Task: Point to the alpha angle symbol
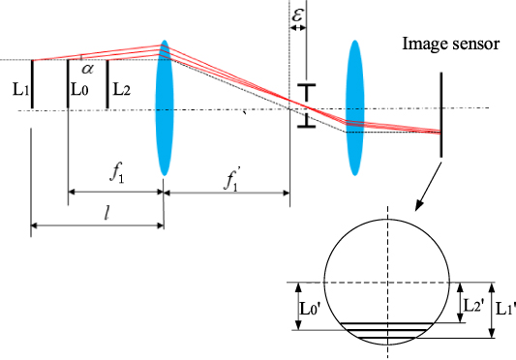coord(86,69)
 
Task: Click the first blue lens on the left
coord(164,106)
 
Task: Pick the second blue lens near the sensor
coord(356,93)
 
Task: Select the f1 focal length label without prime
coord(115,175)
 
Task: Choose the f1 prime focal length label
coord(233,177)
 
